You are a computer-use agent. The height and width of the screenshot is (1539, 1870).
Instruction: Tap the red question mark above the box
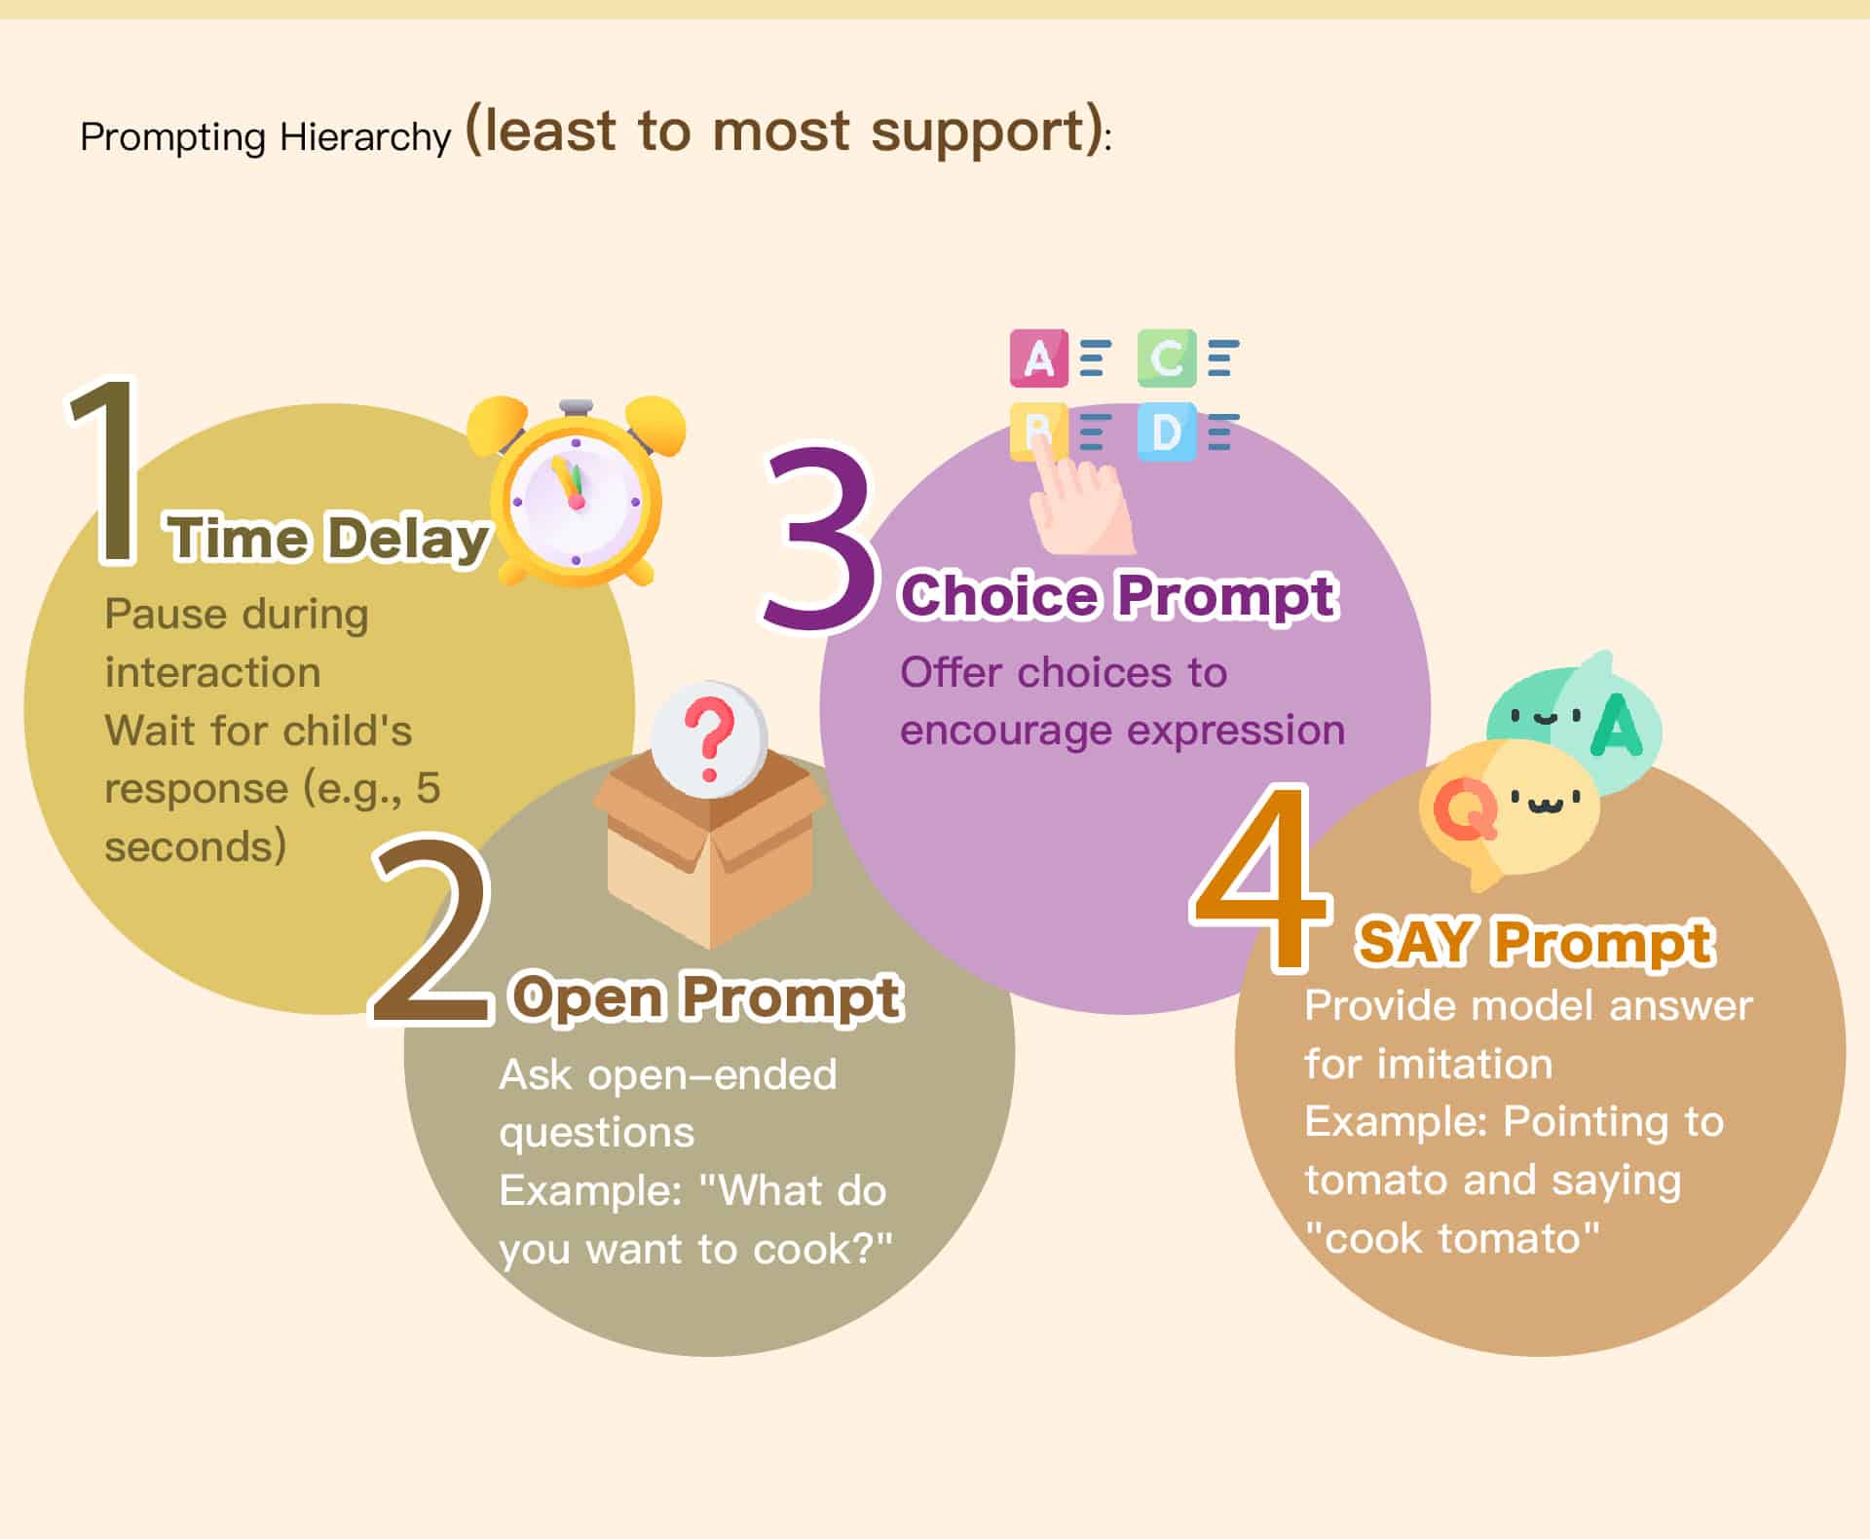click(x=709, y=739)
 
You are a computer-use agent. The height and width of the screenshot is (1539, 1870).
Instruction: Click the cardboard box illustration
click(x=709, y=847)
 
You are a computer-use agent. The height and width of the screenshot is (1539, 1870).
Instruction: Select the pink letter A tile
click(x=1039, y=358)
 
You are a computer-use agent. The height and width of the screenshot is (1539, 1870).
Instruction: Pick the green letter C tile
click(x=1167, y=358)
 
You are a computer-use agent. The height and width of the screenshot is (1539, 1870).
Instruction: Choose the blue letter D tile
click(x=1167, y=432)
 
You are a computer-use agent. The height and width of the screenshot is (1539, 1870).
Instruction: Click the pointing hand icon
click(x=1079, y=492)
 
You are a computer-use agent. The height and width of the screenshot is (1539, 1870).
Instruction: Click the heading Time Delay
click(x=328, y=538)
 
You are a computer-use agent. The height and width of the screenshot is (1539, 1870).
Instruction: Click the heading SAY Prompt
click(x=1536, y=942)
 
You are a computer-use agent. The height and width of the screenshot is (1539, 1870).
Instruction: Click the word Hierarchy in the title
click(x=365, y=137)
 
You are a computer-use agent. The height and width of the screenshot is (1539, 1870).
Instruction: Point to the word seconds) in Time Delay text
click(x=196, y=846)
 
